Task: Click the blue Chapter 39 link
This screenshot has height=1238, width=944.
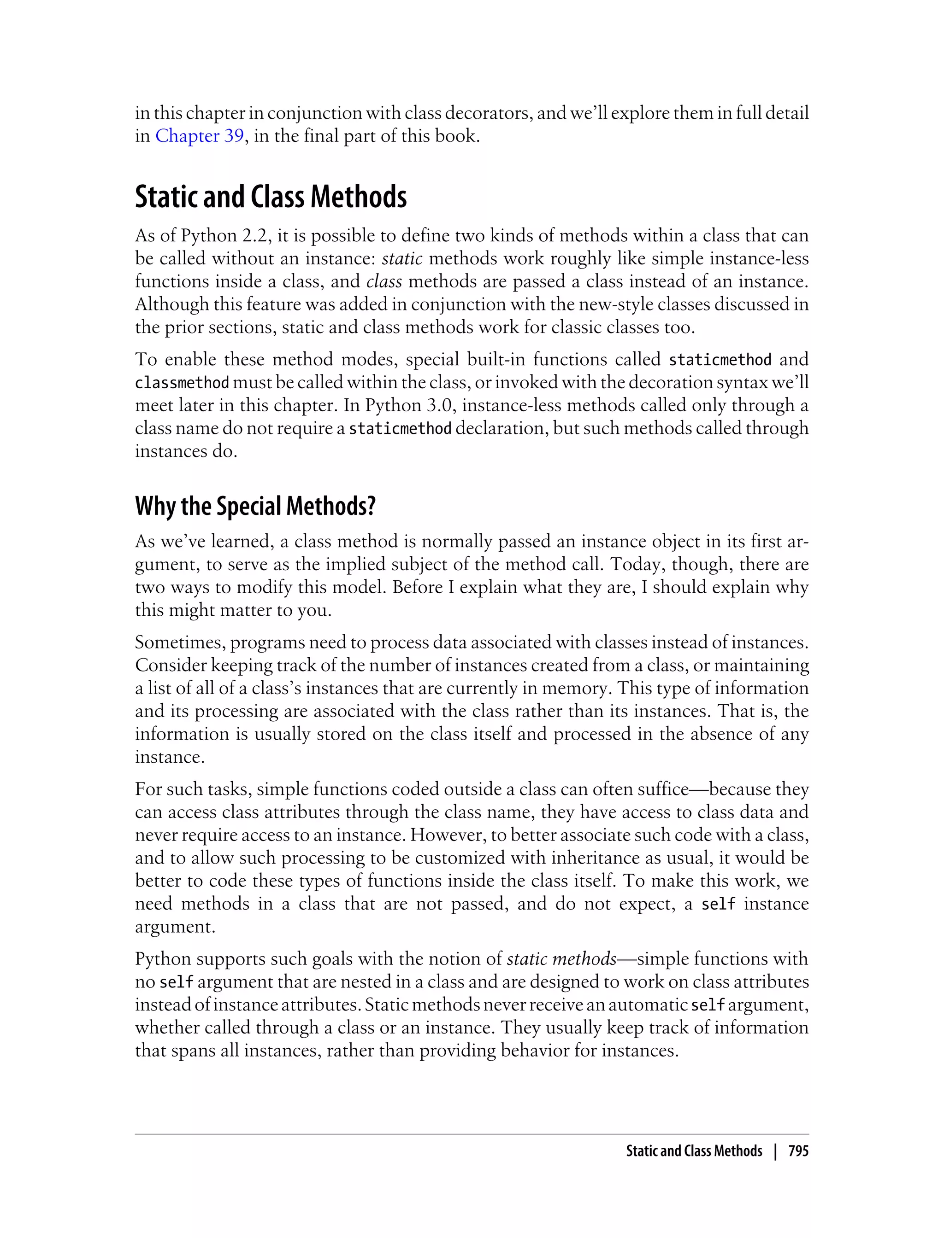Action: pyautogui.click(x=199, y=136)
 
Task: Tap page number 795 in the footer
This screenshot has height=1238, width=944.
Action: pyautogui.click(x=798, y=1151)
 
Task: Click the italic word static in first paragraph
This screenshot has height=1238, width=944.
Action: pyautogui.click(x=402, y=259)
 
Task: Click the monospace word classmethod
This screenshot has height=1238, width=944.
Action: pyautogui.click(x=182, y=383)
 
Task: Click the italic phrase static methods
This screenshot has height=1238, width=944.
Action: pyautogui.click(x=561, y=958)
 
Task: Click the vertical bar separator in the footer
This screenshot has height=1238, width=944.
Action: pyautogui.click(x=775, y=1151)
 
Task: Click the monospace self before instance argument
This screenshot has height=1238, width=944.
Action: pyautogui.click(x=718, y=904)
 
